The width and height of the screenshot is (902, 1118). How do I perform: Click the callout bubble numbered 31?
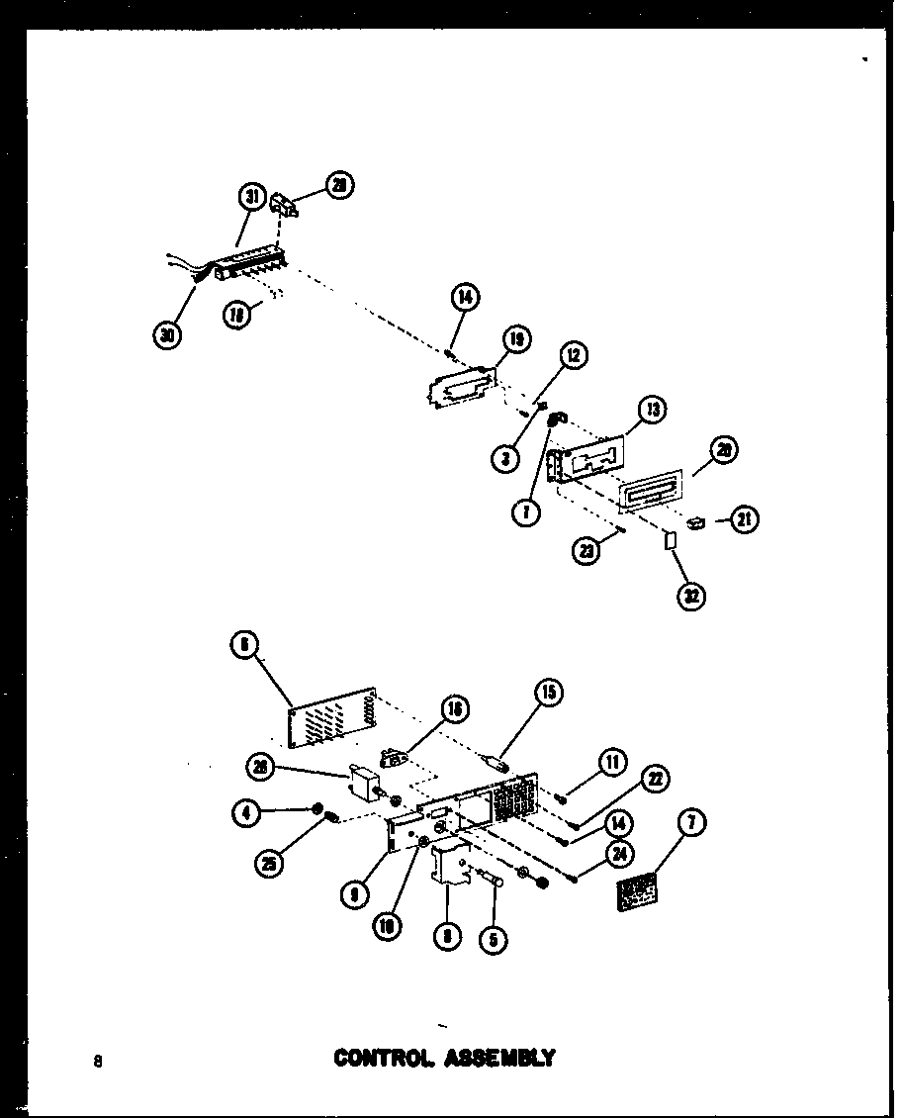pyautogui.click(x=252, y=198)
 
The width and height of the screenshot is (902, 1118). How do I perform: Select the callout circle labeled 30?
pyautogui.click(x=169, y=335)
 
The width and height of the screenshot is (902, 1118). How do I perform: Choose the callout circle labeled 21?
pyautogui.click(x=745, y=517)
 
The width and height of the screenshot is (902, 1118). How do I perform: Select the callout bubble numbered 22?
pyautogui.click(x=654, y=780)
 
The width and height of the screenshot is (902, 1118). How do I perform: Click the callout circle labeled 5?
pyautogui.click(x=493, y=938)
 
